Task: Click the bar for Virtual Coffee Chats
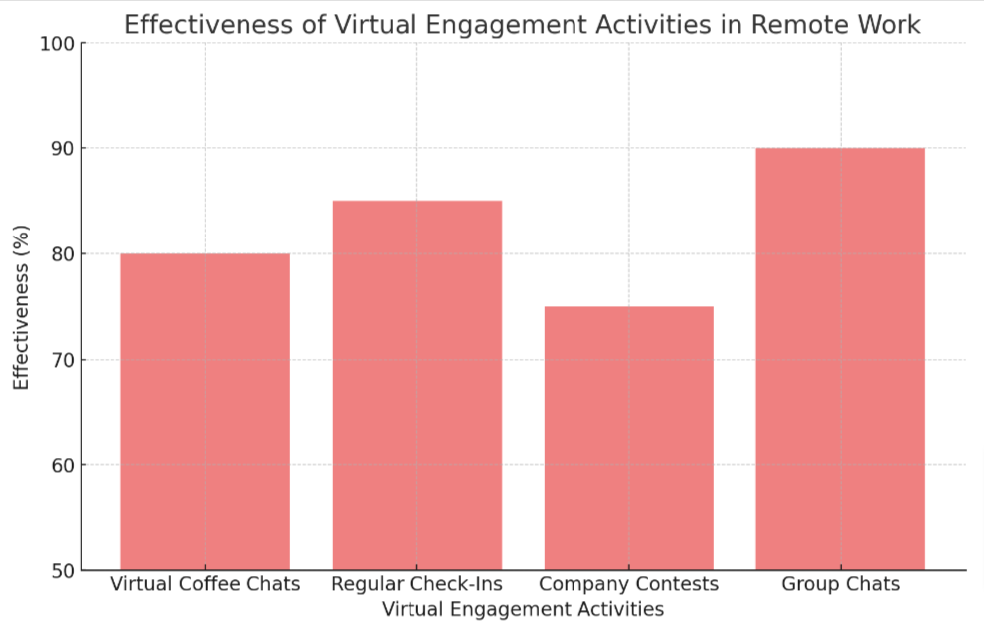coord(205,411)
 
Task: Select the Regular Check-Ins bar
coord(416,386)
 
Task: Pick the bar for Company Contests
coord(628,438)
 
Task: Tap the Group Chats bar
coord(840,359)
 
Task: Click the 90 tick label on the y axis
coord(62,148)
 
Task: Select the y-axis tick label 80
coord(62,254)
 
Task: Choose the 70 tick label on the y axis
coord(62,360)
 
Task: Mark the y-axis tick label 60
coord(62,465)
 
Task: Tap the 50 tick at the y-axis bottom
coord(62,570)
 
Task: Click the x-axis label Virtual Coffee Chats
coord(205,584)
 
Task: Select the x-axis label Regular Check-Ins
coord(416,584)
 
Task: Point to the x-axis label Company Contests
coord(628,584)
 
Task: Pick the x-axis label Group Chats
coord(840,584)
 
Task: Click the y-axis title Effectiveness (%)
coord(22,306)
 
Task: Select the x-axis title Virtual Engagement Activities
coord(523,608)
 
